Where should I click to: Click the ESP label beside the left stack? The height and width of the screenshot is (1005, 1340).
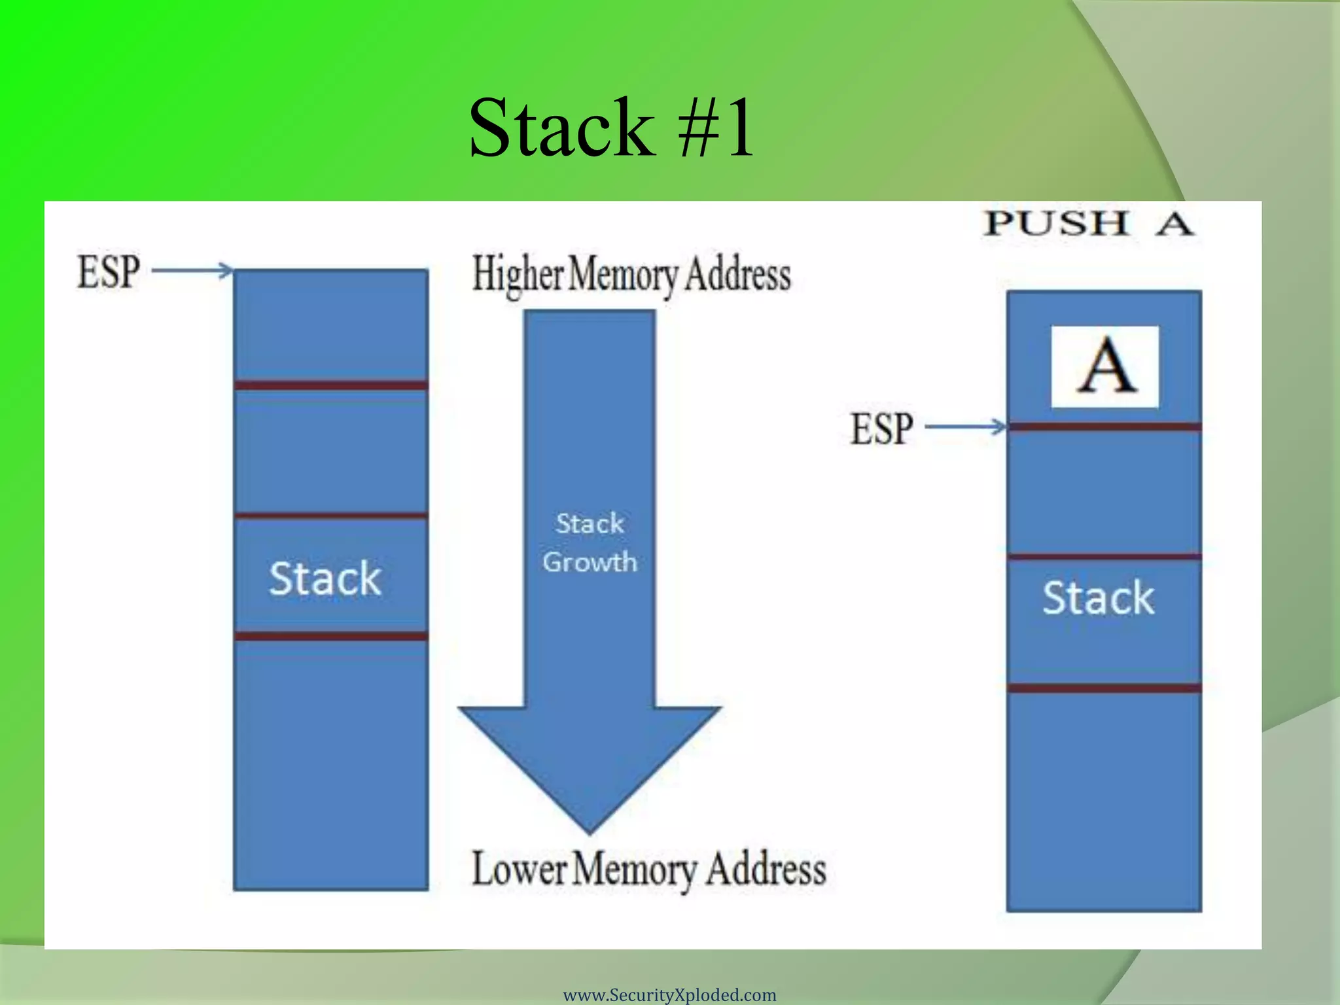109,272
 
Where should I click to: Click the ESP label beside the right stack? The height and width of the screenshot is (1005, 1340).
881,429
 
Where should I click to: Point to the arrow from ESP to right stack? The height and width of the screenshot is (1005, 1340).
966,427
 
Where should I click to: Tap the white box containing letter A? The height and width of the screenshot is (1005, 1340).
1104,366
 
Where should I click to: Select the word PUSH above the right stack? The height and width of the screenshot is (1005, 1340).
1057,223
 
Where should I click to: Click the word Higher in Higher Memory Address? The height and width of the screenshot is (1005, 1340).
518,274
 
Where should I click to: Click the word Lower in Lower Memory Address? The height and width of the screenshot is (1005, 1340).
519,870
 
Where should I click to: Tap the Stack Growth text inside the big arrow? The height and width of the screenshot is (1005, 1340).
590,543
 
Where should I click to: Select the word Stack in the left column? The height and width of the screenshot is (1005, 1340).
325,578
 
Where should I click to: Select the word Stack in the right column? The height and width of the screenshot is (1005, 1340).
1098,597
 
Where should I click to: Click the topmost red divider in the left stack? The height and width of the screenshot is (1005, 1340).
330,385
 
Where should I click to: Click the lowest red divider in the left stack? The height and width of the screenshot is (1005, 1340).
330,636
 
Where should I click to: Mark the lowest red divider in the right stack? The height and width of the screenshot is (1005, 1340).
1104,688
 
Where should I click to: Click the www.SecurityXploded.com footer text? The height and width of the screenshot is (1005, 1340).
669,995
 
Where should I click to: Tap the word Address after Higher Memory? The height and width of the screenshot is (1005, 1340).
738,274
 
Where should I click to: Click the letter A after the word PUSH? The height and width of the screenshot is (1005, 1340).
1175,224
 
